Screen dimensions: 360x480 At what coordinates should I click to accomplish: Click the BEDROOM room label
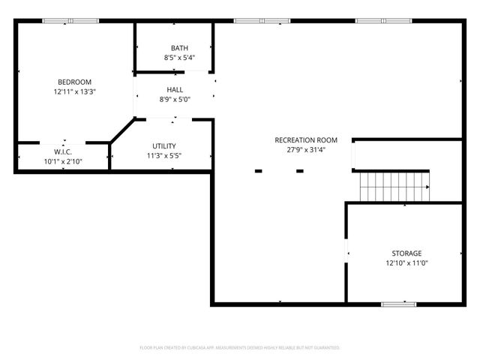[75, 82]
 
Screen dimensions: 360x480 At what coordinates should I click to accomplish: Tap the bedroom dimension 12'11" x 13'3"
[75, 91]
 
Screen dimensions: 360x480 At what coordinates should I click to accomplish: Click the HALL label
[175, 89]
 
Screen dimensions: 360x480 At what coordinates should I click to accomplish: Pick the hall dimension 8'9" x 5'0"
[175, 99]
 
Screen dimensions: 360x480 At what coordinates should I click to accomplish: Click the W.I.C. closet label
[62, 151]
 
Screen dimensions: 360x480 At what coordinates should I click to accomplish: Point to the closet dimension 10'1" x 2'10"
[62, 160]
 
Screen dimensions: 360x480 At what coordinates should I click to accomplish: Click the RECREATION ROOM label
[306, 139]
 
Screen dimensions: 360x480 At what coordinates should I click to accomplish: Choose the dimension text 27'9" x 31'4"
[306, 149]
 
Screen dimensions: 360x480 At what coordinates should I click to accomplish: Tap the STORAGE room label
[406, 253]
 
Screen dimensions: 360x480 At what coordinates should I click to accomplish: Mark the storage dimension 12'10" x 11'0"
[406, 263]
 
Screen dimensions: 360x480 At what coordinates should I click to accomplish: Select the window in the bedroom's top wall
[70, 21]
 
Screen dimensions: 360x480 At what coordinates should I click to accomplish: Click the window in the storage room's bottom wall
[398, 304]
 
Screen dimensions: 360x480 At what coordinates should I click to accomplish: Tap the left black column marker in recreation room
[258, 171]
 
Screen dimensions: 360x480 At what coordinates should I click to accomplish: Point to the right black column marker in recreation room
[299, 171]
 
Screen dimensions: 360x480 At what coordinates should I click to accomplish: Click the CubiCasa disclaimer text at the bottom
[240, 348]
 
